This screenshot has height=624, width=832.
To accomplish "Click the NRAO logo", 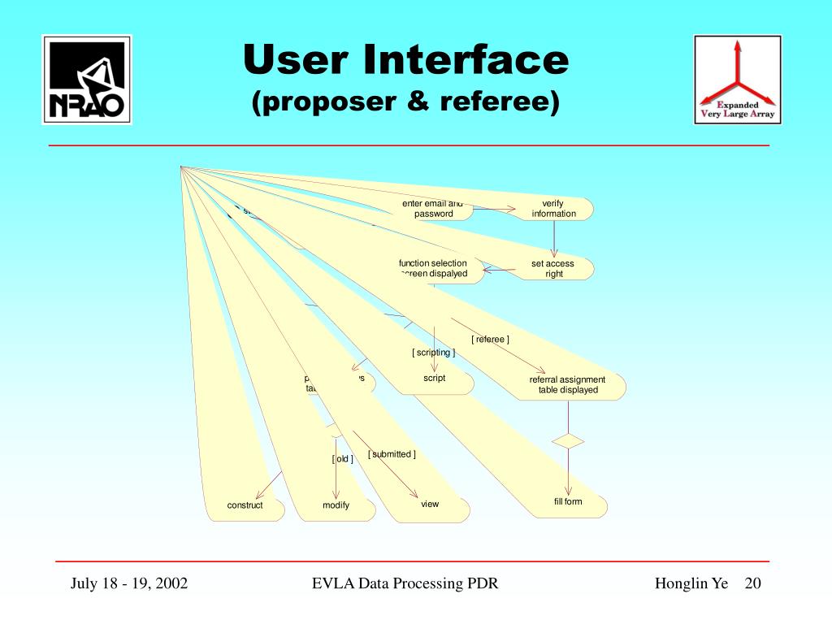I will [87, 79].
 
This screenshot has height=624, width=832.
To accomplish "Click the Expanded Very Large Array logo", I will [738, 79].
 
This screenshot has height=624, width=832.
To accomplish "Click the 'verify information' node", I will [553, 208].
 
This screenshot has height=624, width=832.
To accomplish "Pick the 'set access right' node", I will [553, 268].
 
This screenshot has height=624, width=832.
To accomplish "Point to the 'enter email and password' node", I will [432, 209].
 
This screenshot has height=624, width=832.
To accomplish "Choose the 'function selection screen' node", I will [433, 268].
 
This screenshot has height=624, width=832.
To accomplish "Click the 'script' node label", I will [435, 378].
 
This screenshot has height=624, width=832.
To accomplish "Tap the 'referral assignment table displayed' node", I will [567, 384].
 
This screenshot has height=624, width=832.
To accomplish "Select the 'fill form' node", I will [568, 501].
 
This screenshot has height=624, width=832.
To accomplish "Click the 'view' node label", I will [430, 504].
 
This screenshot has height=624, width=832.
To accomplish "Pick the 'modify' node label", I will [336, 505].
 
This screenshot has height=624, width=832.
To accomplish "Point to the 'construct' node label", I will [245, 505].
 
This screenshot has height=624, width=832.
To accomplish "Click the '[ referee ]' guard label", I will [490, 339].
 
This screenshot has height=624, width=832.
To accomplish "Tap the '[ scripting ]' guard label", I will [433, 353].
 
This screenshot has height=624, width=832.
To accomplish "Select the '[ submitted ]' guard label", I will [392, 454].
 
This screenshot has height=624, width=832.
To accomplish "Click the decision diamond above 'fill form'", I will [568, 441].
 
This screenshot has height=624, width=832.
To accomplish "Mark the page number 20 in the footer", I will [752, 584].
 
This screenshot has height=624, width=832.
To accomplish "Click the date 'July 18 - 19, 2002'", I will [129, 584].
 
